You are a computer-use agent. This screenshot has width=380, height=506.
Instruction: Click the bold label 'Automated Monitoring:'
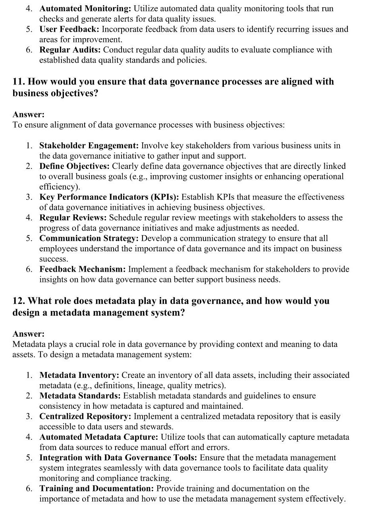point(85,8)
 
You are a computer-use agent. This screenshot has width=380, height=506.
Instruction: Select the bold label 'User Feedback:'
point(69,29)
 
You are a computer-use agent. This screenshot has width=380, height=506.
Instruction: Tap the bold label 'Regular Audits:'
point(70,50)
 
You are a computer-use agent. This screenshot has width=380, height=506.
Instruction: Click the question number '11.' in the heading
point(19,82)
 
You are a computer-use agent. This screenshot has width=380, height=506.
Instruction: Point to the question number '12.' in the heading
point(19,301)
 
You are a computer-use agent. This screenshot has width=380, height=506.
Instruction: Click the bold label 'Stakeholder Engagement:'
point(89,146)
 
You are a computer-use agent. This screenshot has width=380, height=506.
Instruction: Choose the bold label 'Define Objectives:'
point(74,166)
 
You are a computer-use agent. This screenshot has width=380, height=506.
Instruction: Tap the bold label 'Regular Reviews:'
point(73,218)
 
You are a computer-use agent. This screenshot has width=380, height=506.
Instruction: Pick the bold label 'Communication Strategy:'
point(89,238)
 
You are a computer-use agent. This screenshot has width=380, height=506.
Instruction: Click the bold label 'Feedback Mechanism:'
point(83,269)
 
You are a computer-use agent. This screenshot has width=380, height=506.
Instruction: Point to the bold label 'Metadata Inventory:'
point(79,375)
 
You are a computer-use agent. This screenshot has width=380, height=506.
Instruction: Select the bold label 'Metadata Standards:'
point(80,396)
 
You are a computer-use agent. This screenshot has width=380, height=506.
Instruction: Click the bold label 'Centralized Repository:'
point(85,416)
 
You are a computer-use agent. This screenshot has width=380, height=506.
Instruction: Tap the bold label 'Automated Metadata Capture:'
point(98,437)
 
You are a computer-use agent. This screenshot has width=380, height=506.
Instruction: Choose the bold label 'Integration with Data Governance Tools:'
point(118,458)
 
